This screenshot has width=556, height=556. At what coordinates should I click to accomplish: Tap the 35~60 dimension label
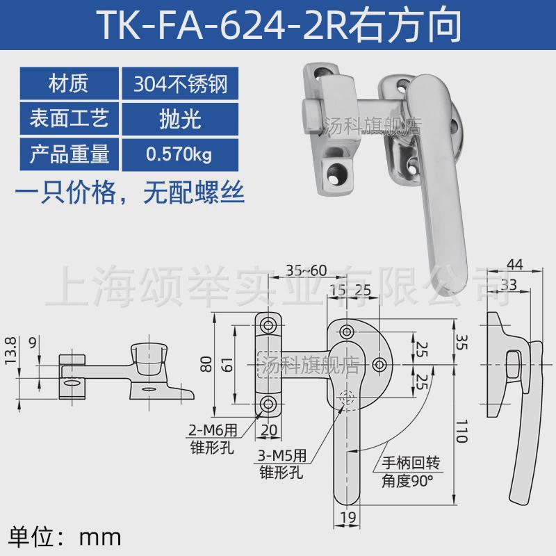click(306, 270)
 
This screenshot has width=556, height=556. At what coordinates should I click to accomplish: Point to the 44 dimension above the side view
click(515, 265)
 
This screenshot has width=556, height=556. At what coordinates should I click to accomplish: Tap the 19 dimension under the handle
click(348, 516)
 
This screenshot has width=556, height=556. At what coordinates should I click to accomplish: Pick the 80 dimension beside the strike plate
click(205, 363)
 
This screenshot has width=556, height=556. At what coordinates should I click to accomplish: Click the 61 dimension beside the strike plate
click(227, 363)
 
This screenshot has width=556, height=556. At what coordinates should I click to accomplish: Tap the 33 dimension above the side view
click(508, 284)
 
